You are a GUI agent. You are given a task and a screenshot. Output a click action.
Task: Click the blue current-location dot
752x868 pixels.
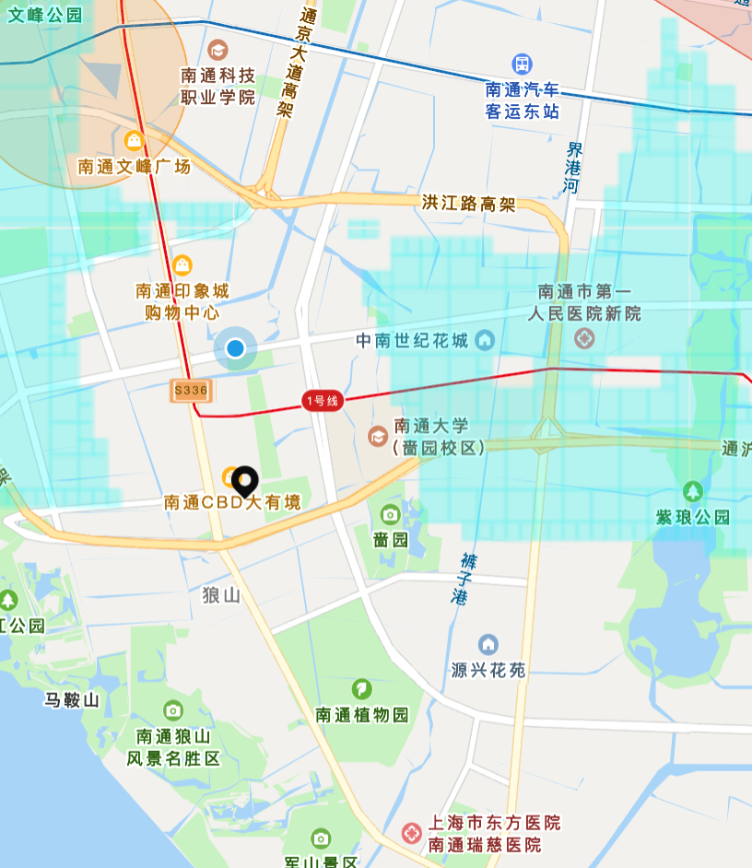click(236, 348)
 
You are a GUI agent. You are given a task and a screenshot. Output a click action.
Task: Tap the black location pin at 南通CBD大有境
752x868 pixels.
click(244, 480)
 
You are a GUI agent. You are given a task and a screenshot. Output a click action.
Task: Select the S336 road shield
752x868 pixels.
click(191, 391)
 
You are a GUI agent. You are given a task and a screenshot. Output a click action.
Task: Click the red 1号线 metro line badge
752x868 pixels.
click(322, 401)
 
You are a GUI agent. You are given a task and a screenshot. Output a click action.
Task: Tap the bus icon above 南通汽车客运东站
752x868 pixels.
click(523, 64)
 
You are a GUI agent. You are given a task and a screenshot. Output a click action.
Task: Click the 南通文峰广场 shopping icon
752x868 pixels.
click(134, 140)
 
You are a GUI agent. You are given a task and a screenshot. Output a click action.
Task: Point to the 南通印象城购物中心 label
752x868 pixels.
click(182, 301)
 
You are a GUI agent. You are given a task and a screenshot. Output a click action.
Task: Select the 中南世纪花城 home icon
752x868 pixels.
click(485, 341)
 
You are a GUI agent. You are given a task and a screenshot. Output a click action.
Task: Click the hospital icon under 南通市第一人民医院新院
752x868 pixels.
click(583, 339)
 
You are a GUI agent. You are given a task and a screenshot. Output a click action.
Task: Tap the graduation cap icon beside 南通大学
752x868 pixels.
click(378, 435)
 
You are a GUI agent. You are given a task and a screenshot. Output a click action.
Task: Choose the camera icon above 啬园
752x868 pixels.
click(390, 514)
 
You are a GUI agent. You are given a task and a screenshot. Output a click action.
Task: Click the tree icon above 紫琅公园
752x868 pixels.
click(692, 491)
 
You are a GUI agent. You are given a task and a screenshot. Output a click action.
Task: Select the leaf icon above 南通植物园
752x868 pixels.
click(362, 688)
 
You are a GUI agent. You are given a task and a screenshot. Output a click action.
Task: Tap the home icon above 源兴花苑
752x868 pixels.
click(488, 644)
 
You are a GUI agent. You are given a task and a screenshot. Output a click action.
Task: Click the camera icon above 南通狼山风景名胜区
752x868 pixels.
click(173, 710)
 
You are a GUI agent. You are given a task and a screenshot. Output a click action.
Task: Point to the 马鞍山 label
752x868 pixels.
click(71, 700)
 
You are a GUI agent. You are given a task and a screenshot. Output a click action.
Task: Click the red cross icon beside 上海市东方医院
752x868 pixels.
click(412, 833)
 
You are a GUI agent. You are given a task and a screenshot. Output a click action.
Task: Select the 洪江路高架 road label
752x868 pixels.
click(468, 203)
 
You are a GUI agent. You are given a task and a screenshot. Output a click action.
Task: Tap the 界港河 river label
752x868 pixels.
click(574, 167)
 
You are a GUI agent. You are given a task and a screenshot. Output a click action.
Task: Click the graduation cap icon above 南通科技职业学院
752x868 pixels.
click(217, 49)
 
